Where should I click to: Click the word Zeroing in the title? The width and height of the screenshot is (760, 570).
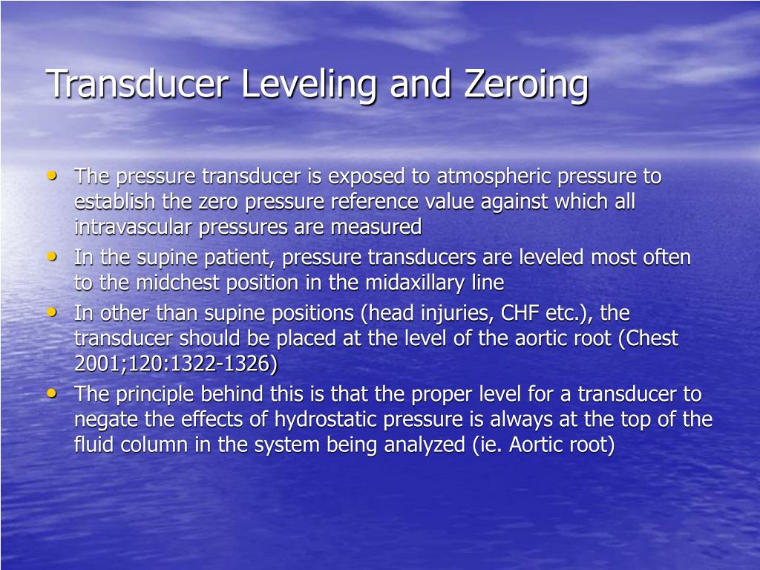526,83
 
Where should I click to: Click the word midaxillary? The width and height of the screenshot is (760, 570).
412,283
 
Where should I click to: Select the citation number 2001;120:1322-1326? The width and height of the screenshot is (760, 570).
176,364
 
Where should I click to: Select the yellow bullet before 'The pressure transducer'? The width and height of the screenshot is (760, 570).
51,176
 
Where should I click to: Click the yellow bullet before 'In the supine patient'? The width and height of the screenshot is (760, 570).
51,257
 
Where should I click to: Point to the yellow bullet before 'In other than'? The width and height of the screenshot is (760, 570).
51,312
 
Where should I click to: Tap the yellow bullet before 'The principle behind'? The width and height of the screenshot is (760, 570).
51,393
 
